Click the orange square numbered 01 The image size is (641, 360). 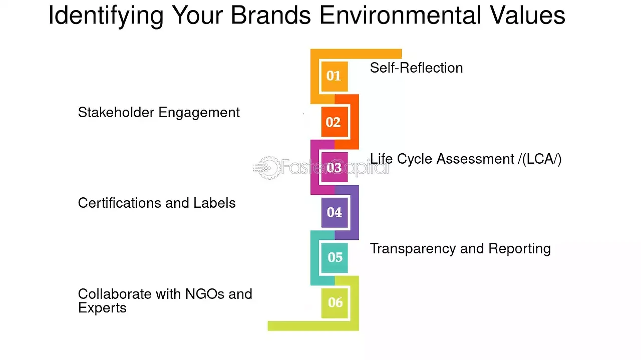335,77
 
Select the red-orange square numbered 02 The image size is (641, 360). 335,122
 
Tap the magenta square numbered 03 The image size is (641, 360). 335,167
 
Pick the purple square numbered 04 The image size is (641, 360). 335,213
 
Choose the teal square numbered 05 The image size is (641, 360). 335,258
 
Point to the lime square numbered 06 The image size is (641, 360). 335,303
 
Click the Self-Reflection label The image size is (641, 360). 416,68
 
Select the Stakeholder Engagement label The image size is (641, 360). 159,113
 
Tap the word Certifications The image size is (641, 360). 120,203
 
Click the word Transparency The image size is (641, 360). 413,249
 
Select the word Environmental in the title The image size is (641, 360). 400,15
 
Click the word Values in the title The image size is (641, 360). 528,15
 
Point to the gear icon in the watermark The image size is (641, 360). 267,168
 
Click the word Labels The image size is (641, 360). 214,203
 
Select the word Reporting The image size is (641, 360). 519,249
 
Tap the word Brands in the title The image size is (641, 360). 271,15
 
